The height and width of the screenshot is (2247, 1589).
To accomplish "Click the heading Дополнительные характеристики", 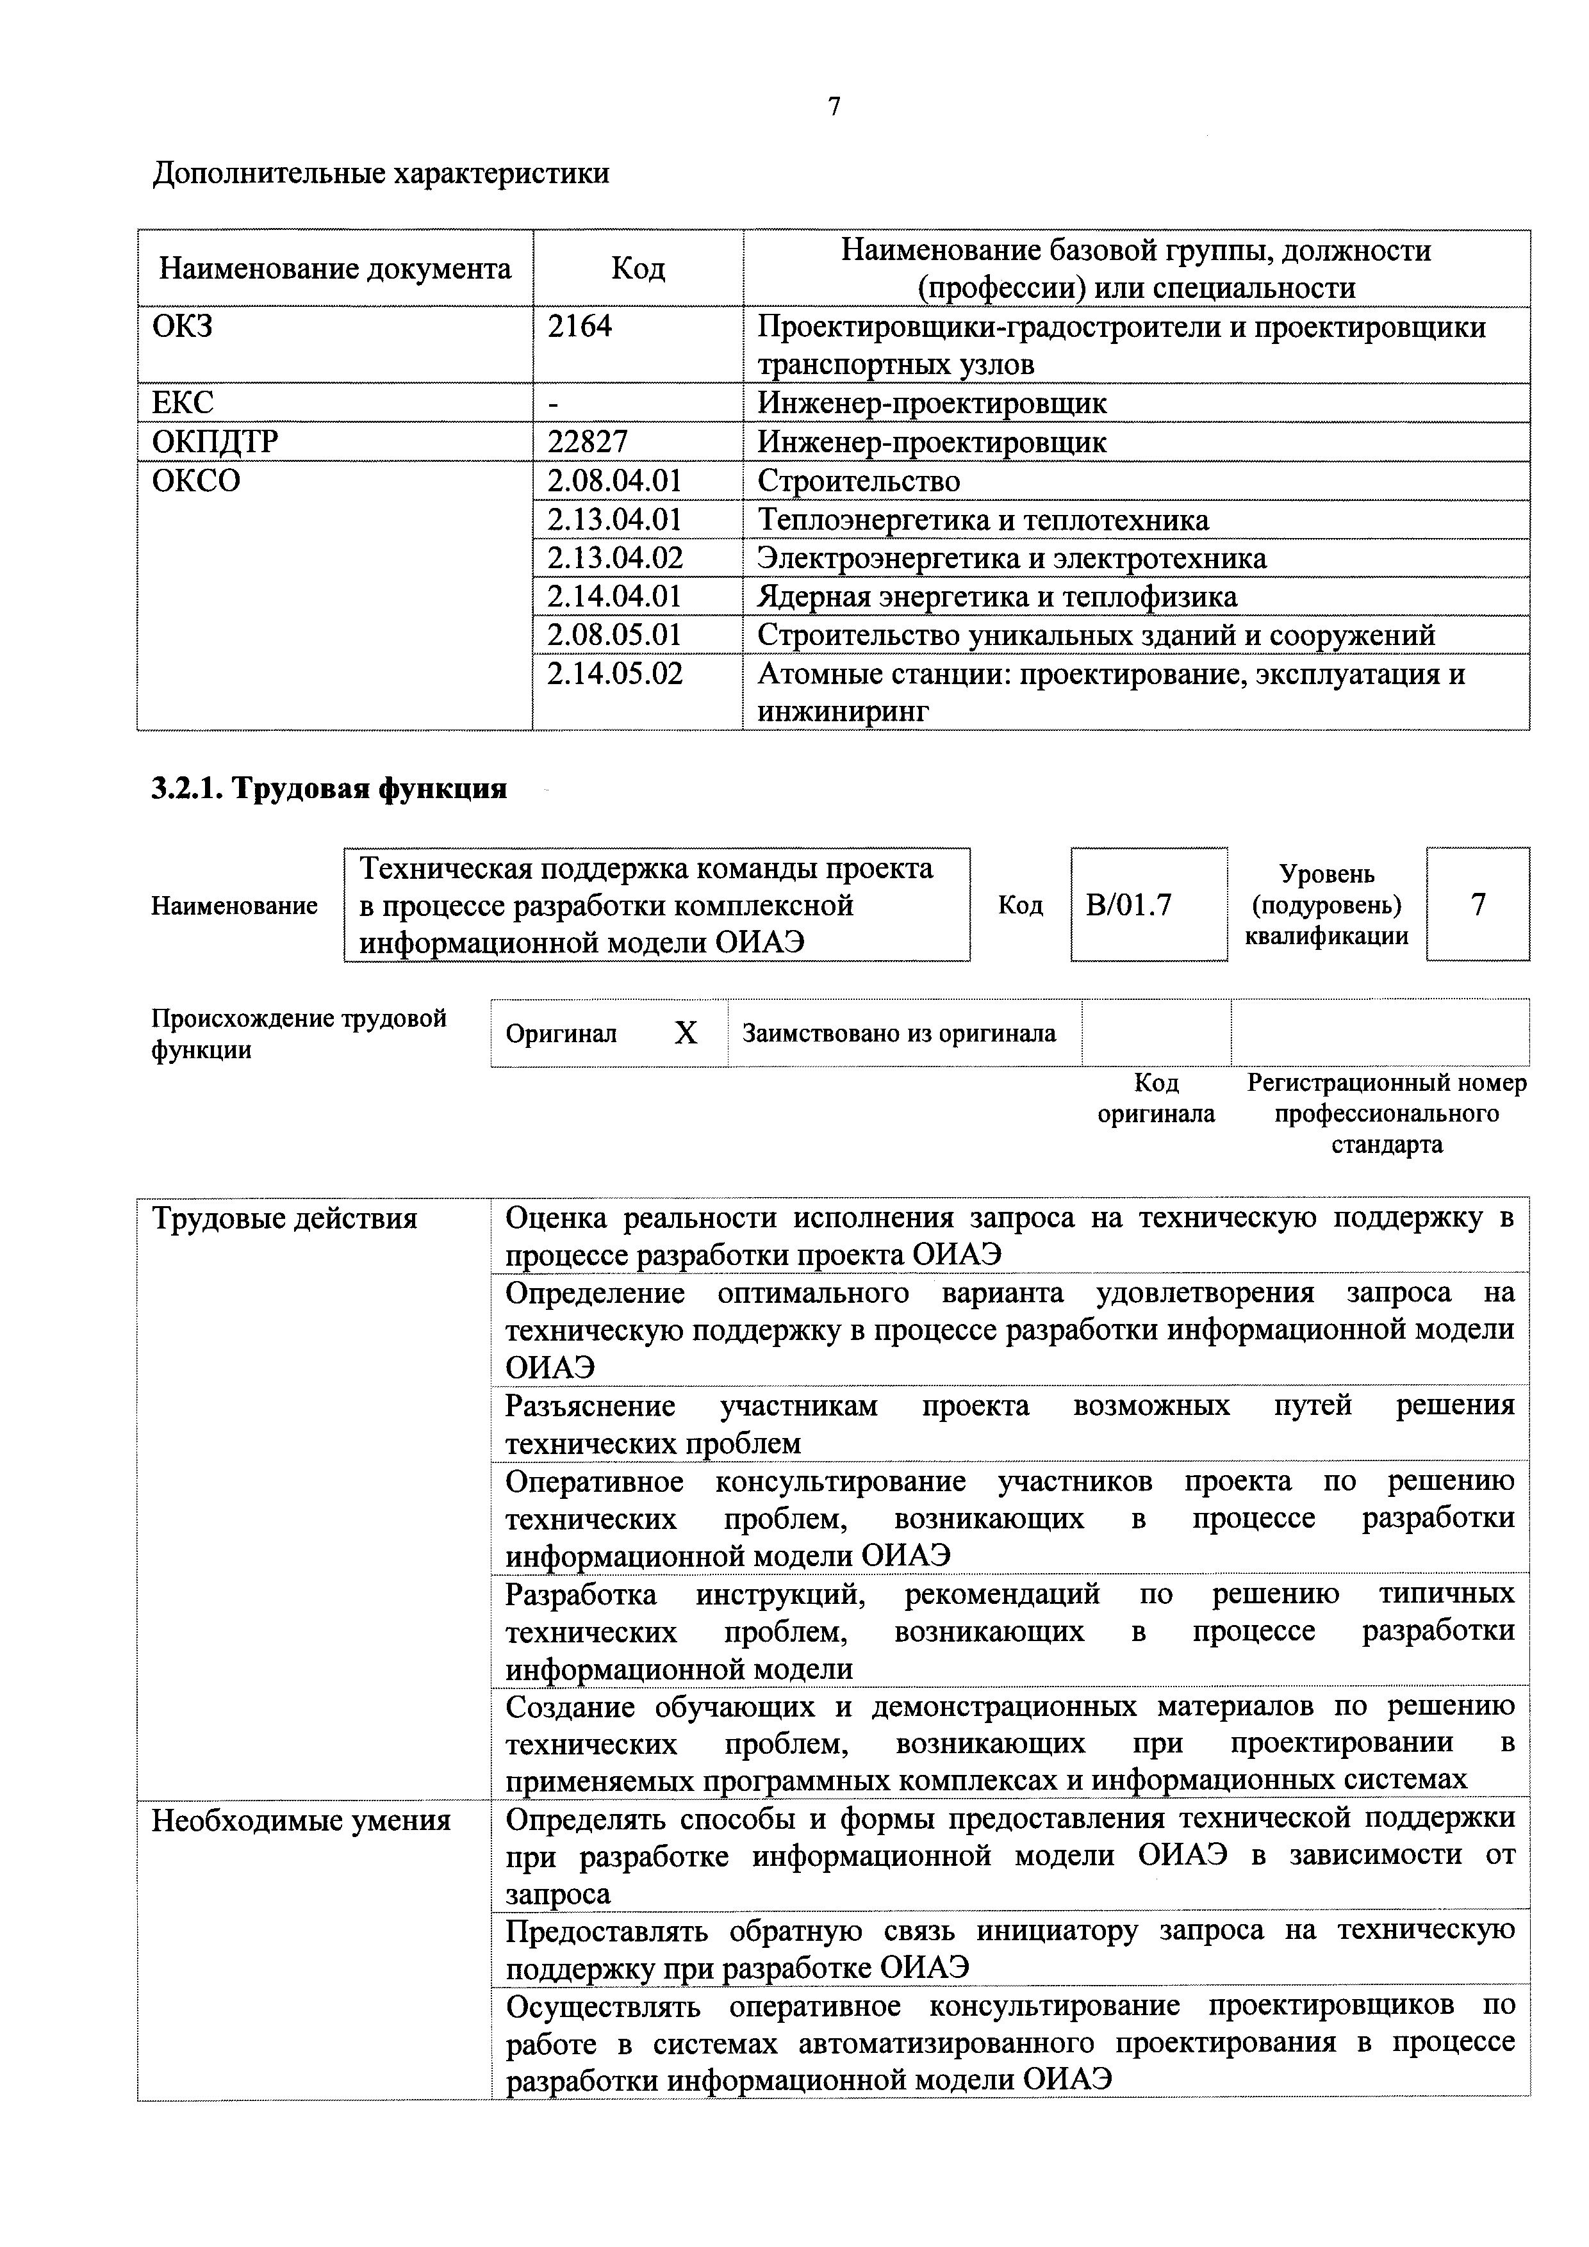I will (x=381, y=173).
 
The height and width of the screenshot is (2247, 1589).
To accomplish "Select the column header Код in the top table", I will (x=638, y=268).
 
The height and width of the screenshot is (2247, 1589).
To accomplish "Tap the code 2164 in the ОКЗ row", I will (x=580, y=326).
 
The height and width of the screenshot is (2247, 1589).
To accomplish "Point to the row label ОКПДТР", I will (x=215, y=443).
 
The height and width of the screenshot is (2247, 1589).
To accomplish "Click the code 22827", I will (x=588, y=443).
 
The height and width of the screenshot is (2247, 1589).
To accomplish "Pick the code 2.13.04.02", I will (x=615, y=558).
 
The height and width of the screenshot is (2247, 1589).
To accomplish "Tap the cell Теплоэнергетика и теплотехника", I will (x=983, y=519).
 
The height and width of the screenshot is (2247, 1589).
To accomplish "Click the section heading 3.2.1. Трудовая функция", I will (x=329, y=788).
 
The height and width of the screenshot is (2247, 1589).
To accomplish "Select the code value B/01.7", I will (x=1129, y=904).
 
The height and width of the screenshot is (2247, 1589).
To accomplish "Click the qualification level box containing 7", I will (x=1478, y=904).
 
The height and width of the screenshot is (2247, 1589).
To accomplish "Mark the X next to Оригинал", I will (x=686, y=1033).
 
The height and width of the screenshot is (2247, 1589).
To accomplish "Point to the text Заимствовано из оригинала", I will (x=899, y=1033).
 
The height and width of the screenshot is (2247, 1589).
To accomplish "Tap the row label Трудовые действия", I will (x=284, y=1218).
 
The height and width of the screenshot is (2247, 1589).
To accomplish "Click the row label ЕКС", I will (x=183, y=403).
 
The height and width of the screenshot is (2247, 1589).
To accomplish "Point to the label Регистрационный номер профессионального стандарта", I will (x=1387, y=1114).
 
